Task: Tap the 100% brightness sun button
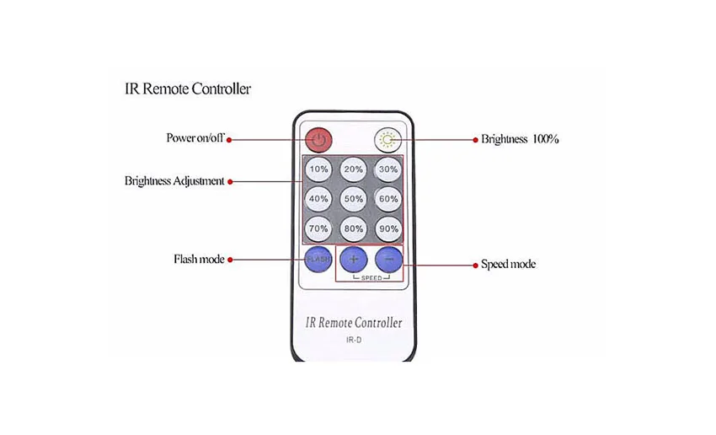pyautogui.click(x=388, y=138)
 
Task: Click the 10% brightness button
pyautogui.click(x=318, y=169)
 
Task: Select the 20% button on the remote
pyautogui.click(x=354, y=169)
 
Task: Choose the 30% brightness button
pyautogui.click(x=388, y=169)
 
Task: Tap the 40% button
pyautogui.click(x=318, y=199)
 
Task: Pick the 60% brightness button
pyautogui.click(x=388, y=199)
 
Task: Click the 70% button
pyautogui.click(x=318, y=228)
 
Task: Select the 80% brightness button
pyautogui.click(x=354, y=228)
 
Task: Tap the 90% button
pyautogui.click(x=388, y=228)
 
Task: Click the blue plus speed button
pyautogui.click(x=354, y=259)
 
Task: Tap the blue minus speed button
pyautogui.click(x=388, y=259)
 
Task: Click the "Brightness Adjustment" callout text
pyautogui.click(x=174, y=181)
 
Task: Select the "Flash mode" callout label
pyautogui.click(x=199, y=260)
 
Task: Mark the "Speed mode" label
pyautogui.click(x=508, y=265)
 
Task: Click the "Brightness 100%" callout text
pyautogui.click(x=520, y=139)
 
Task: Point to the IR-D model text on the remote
pyautogui.click(x=354, y=340)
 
